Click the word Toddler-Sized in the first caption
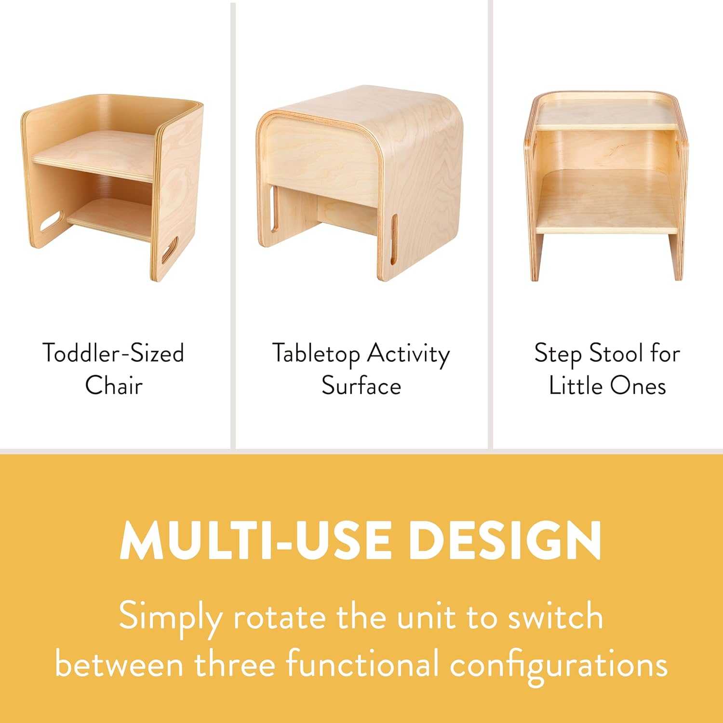[x=113, y=353]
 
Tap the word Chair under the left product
[x=114, y=386]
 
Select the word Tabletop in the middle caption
[x=316, y=354]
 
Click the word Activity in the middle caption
[x=408, y=355]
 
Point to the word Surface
[x=361, y=386]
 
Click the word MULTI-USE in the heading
[x=255, y=540]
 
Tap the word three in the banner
[x=235, y=664]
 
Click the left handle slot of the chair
[x=52, y=222]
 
